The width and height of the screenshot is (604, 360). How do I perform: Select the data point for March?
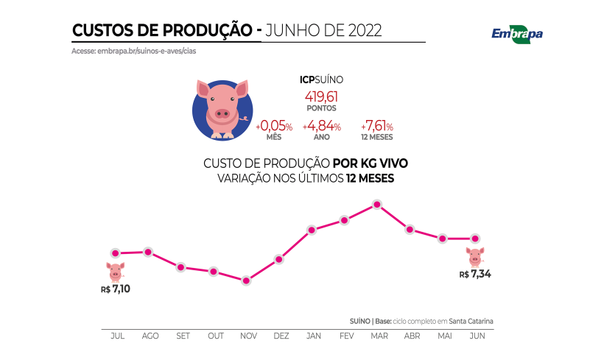377,205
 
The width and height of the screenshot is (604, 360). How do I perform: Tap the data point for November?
246,280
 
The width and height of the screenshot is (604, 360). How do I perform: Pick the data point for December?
279,259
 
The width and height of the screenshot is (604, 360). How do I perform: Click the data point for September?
180,267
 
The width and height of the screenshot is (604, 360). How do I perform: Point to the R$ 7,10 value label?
115,289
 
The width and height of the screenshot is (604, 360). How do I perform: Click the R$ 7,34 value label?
475,274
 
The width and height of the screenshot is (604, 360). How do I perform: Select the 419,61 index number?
321,96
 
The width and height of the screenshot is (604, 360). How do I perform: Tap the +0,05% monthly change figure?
274,127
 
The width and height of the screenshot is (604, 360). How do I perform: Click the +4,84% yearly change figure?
321,127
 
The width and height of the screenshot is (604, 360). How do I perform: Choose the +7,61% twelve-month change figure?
376,127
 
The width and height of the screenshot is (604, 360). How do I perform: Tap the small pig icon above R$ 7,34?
475,257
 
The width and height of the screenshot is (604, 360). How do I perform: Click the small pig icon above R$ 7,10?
115,271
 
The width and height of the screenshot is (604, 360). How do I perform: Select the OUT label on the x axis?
215,336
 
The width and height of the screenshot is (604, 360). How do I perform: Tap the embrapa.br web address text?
133,51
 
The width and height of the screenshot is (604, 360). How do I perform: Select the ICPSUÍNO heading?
321,79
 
